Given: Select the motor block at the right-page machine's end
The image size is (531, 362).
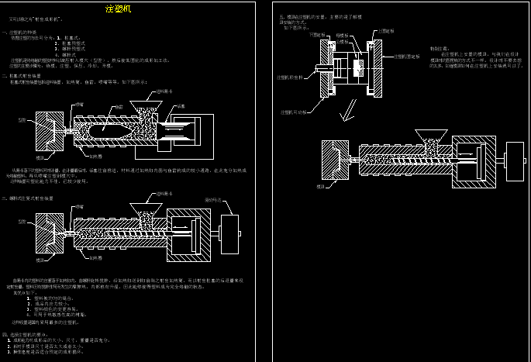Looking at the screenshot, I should [515, 161].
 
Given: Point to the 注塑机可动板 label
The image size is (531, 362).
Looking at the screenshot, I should [293, 112].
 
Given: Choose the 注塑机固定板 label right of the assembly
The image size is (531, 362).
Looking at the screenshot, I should [407, 57].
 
